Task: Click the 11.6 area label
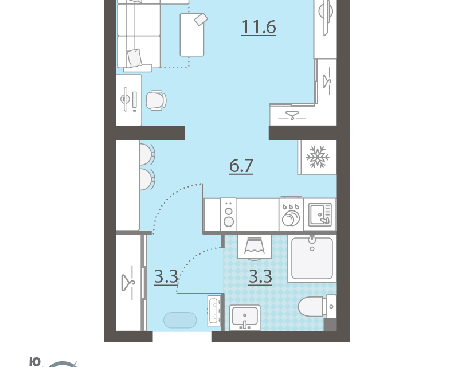tap(259, 27)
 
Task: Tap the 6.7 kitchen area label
tap(241, 165)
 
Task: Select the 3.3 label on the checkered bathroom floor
tap(260, 276)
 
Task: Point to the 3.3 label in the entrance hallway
tap(166, 276)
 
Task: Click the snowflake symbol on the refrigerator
tap(318, 157)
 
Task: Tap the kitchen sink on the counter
tap(320, 214)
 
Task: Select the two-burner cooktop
tap(229, 215)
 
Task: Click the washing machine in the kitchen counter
tap(291, 214)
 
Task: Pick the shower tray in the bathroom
tap(312, 259)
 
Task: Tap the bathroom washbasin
tap(245, 318)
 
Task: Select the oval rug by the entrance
tap(180, 320)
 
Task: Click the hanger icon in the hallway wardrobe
tap(128, 283)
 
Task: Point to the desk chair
tap(156, 100)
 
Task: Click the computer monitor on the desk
tap(125, 99)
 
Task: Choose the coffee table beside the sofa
tap(192, 35)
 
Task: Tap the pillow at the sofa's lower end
tap(135, 58)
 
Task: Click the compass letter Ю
tap(35, 362)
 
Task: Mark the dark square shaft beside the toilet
tap(330, 325)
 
